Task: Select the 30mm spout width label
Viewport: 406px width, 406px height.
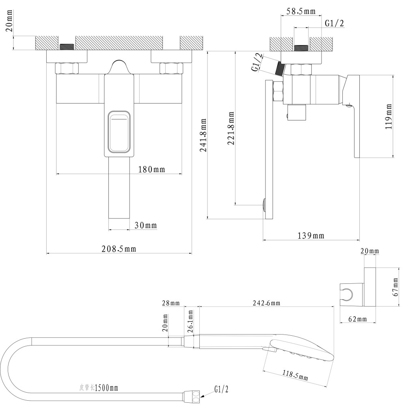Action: (x=146, y=225)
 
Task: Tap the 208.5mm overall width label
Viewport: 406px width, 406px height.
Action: (x=119, y=249)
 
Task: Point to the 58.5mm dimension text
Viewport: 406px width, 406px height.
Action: (x=301, y=11)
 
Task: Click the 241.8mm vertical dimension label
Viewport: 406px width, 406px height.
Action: (x=203, y=135)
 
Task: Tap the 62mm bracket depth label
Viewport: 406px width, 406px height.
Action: (x=358, y=319)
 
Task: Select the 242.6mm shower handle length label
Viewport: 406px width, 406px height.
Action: (x=266, y=303)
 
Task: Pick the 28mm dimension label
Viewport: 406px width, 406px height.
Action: (x=170, y=303)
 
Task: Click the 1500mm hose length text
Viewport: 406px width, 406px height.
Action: (x=106, y=388)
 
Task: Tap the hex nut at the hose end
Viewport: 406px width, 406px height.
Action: (x=193, y=395)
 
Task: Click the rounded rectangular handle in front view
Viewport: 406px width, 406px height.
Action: (x=119, y=132)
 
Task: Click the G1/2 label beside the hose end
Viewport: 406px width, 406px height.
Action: (x=221, y=390)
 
